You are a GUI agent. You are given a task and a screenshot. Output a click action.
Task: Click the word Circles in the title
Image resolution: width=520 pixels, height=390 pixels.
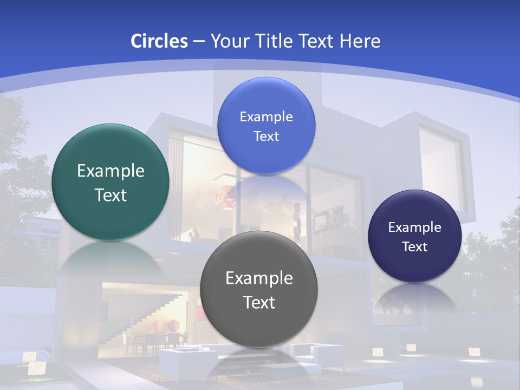pos(159,41)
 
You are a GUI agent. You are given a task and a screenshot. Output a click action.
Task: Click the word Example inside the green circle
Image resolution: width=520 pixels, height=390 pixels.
pos(110,171)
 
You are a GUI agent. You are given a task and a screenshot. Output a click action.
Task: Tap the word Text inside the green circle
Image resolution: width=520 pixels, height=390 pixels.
pos(110,195)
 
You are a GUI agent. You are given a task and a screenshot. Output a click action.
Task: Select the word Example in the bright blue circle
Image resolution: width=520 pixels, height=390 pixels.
pos(266,117)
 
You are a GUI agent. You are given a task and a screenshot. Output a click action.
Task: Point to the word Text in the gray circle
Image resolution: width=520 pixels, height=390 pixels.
pos(259,302)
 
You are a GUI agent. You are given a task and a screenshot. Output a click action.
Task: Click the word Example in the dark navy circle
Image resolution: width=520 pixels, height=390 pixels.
pos(415,227)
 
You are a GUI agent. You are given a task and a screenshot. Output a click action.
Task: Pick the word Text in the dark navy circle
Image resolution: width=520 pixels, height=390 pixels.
pos(415,247)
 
